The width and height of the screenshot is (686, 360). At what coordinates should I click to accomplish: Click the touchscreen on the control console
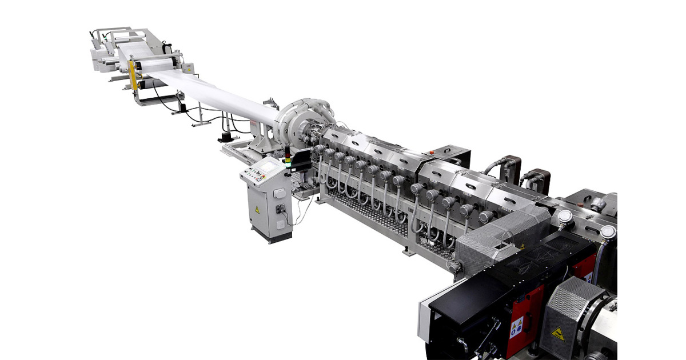coord(261,170)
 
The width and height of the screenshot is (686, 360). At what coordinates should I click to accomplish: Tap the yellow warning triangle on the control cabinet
coord(257,210)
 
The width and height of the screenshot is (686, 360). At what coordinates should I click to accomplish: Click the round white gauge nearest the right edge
coord(608,232)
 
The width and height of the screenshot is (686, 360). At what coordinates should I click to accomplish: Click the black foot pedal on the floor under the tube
coord(224,137)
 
